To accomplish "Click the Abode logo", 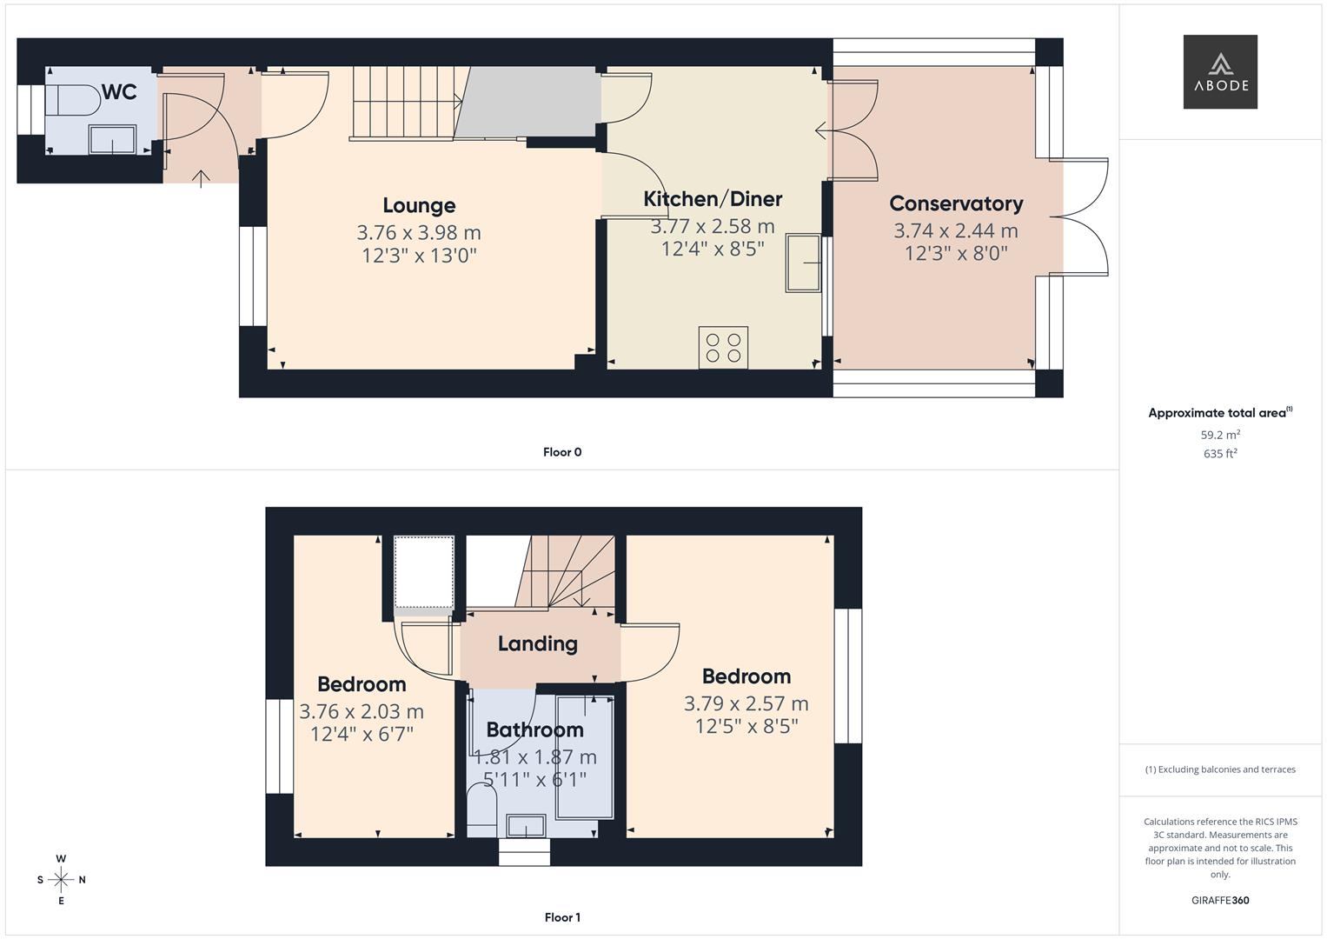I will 1219,71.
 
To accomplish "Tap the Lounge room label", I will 419,206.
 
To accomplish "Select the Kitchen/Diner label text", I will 713,199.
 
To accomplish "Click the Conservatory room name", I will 956,203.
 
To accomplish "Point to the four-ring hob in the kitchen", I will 723,347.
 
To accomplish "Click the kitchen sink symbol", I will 804,263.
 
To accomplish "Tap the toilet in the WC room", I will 73,100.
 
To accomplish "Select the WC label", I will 119,92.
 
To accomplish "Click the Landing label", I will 537,643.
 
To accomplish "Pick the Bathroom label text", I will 534,729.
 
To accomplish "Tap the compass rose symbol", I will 61,880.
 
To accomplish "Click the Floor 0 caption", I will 562,452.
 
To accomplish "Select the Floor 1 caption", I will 562,917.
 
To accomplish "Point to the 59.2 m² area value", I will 1219,435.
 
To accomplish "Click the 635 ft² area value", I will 1219,454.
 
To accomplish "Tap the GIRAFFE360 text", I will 1219,900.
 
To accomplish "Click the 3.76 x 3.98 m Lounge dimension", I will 419,233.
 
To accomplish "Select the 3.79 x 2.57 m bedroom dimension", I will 746,703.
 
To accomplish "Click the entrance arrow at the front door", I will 201,178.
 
